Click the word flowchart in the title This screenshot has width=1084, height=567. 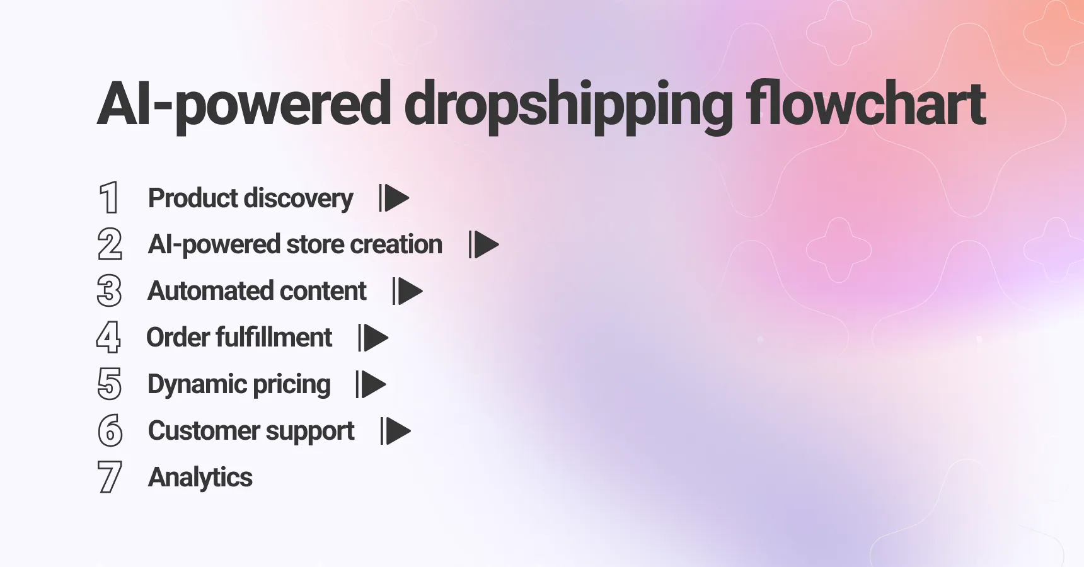(866, 104)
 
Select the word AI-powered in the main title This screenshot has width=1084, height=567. (244, 105)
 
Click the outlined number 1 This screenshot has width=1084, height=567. (110, 198)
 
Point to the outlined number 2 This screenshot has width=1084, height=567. (110, 244)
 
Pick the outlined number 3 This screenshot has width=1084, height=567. (110, 291)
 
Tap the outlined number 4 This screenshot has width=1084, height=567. (109, 338)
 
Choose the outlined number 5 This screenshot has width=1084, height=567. (110, 384)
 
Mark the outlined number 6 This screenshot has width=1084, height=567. (110, 431)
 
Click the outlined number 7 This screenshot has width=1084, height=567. (110, 478)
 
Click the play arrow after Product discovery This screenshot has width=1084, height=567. (394, 198)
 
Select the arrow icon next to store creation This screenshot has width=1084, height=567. (483, 244)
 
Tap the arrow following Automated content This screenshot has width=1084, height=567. (407, 291)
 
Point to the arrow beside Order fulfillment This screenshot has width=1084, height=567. (373, 338)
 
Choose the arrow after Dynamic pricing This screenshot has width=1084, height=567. (371, 384)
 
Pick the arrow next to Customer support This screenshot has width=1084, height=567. (396, 431)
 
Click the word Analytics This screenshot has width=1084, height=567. (200, 478)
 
